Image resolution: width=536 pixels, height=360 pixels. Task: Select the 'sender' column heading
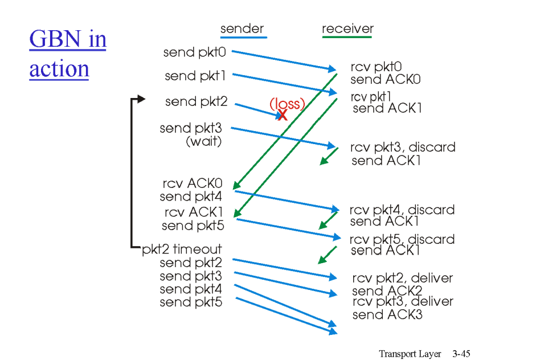(242, 29)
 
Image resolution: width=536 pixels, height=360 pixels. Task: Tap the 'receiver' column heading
(347, 29)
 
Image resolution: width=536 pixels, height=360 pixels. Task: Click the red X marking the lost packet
(282, 115)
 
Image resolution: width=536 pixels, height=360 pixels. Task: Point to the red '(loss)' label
(287, 104)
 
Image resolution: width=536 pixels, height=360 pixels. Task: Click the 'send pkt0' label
(195, 52)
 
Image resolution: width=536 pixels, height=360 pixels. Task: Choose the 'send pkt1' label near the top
(195, 76)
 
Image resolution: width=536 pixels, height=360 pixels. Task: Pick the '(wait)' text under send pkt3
(203, 141)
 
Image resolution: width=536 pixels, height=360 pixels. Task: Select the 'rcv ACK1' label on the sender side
(193, 212)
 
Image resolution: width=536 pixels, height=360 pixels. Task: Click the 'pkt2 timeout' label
(182, 249)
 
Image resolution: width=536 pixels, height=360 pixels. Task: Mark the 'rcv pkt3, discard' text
(403, 148)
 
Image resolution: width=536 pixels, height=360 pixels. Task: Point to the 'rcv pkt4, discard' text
(402, 210)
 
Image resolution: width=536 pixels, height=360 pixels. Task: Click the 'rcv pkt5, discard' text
(402, 239)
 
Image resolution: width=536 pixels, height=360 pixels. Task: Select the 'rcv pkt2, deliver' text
(402, 279)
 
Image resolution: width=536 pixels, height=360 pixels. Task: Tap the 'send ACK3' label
(387, 314)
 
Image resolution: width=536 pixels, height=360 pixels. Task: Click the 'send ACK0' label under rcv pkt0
(385, 80)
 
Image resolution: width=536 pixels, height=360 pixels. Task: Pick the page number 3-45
(461, 354)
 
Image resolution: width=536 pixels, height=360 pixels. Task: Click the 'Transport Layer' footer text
(410, 354)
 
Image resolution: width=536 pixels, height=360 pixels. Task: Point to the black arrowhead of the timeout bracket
(142, 99)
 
